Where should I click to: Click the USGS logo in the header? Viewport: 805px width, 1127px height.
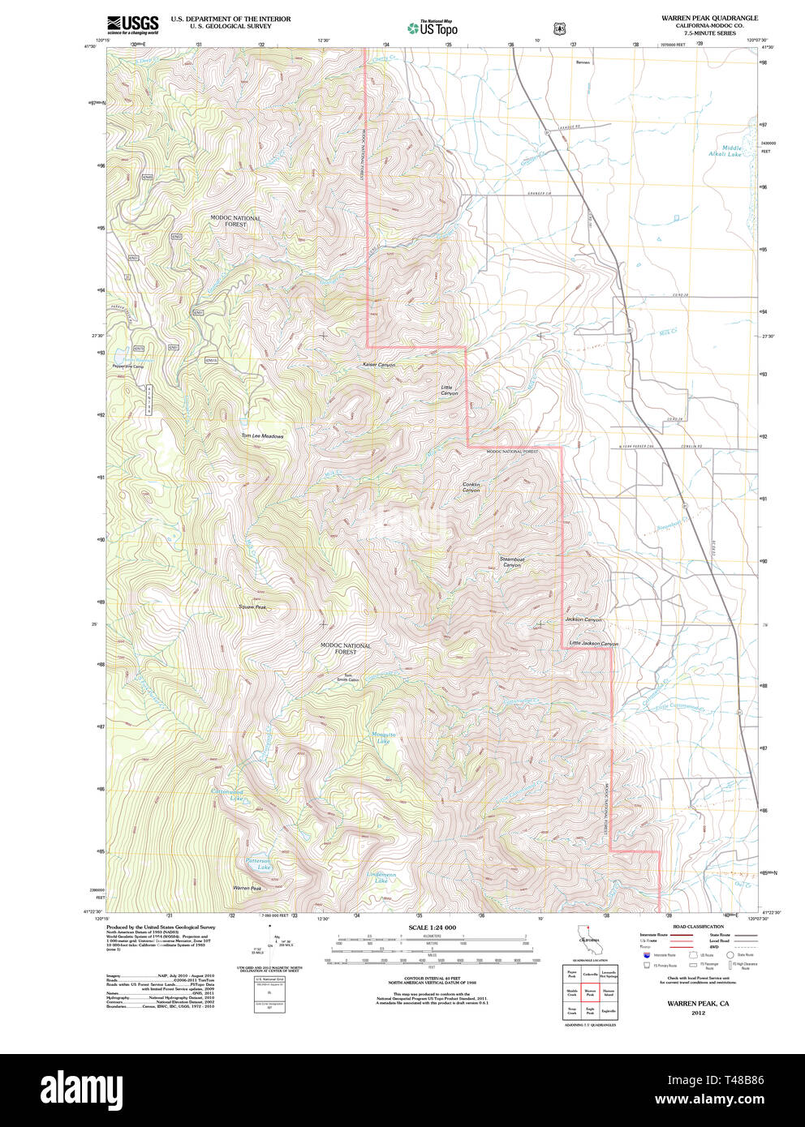pos(132,24)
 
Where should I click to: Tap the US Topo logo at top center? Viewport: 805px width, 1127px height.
pos(433,28)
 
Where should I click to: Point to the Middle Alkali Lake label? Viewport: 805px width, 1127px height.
pos(725,151)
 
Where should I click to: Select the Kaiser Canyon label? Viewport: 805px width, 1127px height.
pos(378,365)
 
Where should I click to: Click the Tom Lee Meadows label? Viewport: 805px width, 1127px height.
pos(262,436)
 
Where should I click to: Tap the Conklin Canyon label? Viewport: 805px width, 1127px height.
pos(471,487)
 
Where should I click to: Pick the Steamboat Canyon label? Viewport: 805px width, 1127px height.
pos(511,561)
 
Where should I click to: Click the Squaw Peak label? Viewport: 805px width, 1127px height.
pos(252,606)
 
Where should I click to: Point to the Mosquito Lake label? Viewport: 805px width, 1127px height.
pos(382,738)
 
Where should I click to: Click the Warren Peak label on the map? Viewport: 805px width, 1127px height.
pos(248,889)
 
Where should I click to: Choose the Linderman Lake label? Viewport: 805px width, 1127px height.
pos(381,877)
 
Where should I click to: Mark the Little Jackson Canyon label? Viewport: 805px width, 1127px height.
pos(593,644)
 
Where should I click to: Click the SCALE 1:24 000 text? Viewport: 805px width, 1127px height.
pos(432,928)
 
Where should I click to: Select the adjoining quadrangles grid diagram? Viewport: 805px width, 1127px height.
pos(590,992)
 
